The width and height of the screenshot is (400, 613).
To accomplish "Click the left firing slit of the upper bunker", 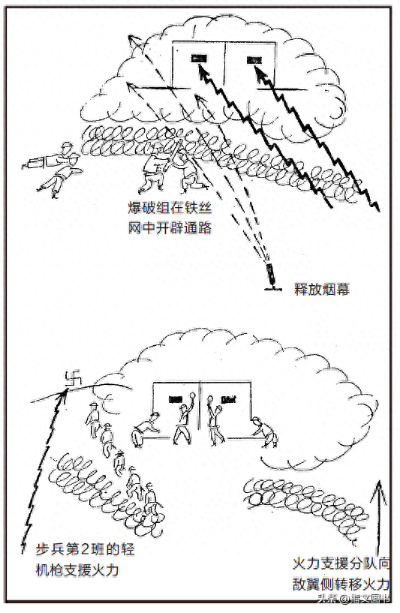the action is point(199,59).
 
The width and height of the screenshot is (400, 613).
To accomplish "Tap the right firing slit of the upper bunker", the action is point(254,60).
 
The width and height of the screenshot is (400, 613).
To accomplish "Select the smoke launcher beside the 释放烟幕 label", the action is point(270,277).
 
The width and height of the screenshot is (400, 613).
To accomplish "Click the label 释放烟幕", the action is point(321,290).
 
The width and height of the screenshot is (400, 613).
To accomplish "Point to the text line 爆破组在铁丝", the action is point(170,208).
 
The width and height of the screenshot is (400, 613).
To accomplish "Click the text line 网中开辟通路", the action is point(170,227).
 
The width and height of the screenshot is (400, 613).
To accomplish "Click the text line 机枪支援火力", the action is point(77,570).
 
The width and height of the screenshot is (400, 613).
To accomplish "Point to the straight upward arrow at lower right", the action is point(378,516).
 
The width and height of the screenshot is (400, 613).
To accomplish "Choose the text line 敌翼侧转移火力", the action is point(341,584).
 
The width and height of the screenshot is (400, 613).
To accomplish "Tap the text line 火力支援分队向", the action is point(341,563).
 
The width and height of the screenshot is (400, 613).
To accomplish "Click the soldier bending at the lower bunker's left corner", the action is point(146,429).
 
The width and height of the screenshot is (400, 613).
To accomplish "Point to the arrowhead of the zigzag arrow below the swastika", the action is point(62,392).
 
